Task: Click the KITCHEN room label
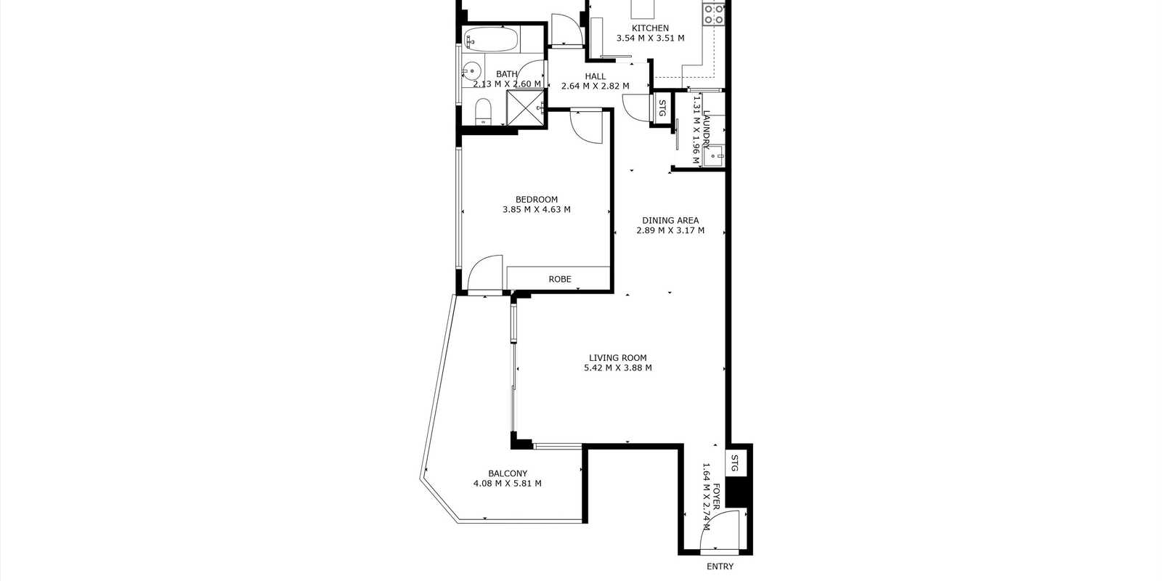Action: (x=650, y=28)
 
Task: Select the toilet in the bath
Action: (x=483, y=111)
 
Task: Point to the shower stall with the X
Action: (x=525, y=107)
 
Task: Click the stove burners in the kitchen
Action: (x=713, y=14)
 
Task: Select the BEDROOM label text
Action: (x=537, y=200)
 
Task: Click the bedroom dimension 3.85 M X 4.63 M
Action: (x=537, y=210)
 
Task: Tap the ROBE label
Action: (x=560, y=279)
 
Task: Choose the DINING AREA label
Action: (x=670, y=221)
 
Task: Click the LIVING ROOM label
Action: (x=618, y=358)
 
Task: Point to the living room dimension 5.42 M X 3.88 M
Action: (x=618, y=367)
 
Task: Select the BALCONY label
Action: (x=508, y=474)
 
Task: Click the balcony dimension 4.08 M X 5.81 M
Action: (x=508, y=484)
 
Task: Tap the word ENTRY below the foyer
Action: (x=720, y=566)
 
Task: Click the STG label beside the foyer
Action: (x=734, y=463)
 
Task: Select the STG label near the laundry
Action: (x=662, y=108)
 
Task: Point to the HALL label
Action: (x=595, y=76)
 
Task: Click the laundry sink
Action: (x=715, y=156)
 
